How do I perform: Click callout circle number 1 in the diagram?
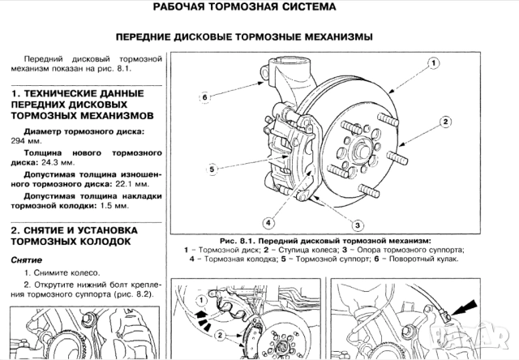pos(435,62)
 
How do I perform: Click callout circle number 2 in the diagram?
pos(445,121)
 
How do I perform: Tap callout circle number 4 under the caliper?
pos(268,222)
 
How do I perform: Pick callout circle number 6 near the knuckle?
pos(204,96)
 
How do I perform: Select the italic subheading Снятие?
pos(27,259)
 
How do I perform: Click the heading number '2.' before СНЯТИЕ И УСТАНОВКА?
pos(15,230)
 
